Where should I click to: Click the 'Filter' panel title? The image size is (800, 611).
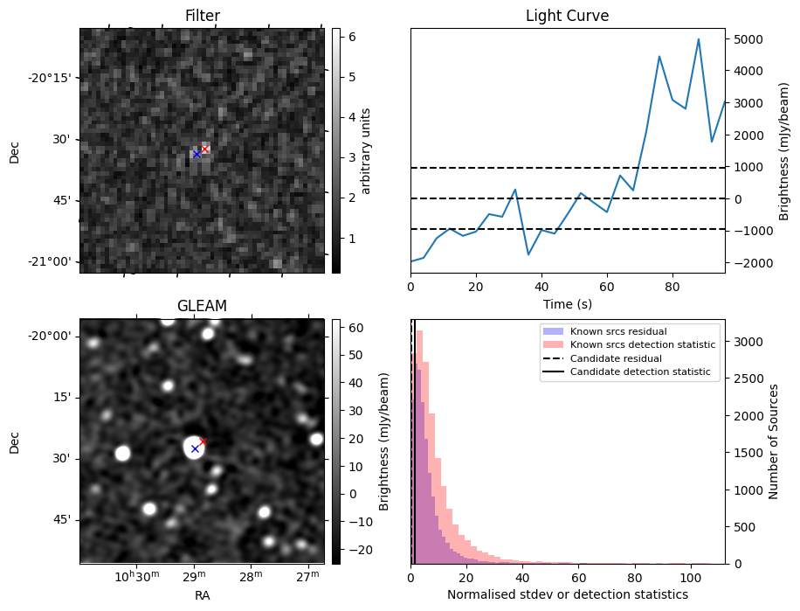point(202,16)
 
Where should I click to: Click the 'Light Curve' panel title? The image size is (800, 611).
point(567,16)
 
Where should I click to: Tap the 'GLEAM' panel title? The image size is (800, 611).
point(202,305)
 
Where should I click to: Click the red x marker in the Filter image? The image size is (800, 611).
point(203,149)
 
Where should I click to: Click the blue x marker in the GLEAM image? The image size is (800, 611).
point(195,448)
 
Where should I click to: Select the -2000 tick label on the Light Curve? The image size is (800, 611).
point(748,263)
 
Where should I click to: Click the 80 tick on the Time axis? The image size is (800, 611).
point(672,287)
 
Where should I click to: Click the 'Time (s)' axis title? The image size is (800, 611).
point(567,303)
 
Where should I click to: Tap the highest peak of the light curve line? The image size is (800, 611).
point(699,39)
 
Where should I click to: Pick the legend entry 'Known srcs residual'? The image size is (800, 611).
point(605,332)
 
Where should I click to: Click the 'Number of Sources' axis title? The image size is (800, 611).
point(774,441)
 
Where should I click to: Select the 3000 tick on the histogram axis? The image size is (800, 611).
point(744,342)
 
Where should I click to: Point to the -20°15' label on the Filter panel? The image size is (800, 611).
point(50,78)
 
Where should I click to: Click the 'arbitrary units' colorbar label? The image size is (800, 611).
point(366,150)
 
